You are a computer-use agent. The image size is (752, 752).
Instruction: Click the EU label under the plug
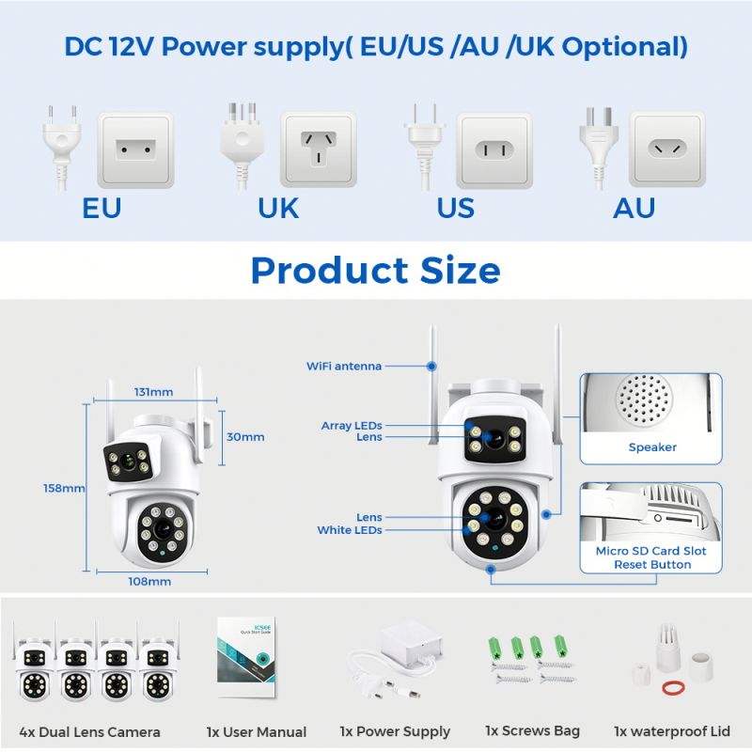pos(102,208)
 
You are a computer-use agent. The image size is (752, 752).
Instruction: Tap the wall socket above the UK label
pos(319,149)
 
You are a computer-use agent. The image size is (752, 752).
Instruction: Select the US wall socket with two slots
pos(494,150)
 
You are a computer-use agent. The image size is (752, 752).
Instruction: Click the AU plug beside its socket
pos(598,147)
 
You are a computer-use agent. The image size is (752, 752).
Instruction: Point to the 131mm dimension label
pos(153,392)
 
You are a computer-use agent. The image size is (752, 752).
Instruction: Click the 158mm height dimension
pos(64,488)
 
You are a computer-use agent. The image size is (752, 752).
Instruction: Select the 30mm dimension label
pos(245,437)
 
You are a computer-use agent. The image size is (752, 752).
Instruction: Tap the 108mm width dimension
pos(149,582)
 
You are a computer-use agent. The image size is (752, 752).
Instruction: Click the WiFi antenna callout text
pos(344,366)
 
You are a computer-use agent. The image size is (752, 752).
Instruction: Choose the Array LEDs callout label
pos(352,426)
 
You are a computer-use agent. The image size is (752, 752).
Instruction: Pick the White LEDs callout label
pos(350,530)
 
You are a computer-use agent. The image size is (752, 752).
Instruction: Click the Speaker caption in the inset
pos(652,447)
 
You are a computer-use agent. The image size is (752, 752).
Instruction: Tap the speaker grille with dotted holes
pos(644,399)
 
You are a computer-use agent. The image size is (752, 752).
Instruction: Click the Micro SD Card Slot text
pos(650,551)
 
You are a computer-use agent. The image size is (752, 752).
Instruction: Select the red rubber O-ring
pos(673,688)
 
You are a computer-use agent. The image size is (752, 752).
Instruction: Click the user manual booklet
pos(246,657)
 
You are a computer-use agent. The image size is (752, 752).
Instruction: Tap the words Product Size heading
pos(375,270)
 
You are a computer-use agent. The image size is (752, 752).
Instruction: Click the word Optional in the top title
pos(624,47)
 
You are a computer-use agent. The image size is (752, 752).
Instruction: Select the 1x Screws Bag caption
pos(532,731)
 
